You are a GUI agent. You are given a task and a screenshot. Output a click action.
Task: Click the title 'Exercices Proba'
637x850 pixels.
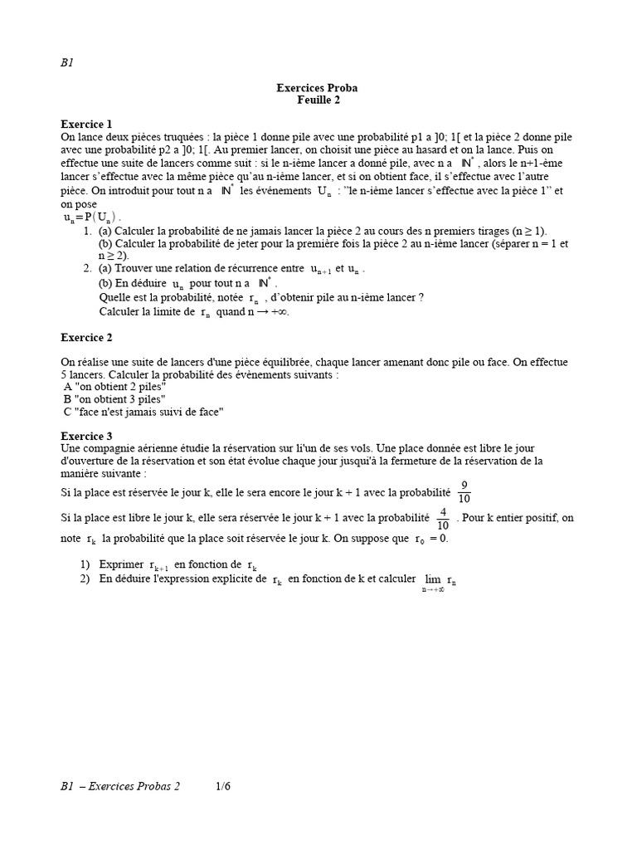(318, 87)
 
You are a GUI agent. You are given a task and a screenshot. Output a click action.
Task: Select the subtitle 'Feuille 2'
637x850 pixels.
(318, 100)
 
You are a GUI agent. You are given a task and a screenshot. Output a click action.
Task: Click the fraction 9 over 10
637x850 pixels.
(464, 492)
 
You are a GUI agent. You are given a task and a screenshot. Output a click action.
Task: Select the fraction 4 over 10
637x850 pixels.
(443, 518)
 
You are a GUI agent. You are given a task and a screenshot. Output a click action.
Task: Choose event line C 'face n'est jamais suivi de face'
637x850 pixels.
(143, 412)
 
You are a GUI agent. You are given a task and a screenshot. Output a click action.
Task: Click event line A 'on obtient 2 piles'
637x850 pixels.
(115, 387)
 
